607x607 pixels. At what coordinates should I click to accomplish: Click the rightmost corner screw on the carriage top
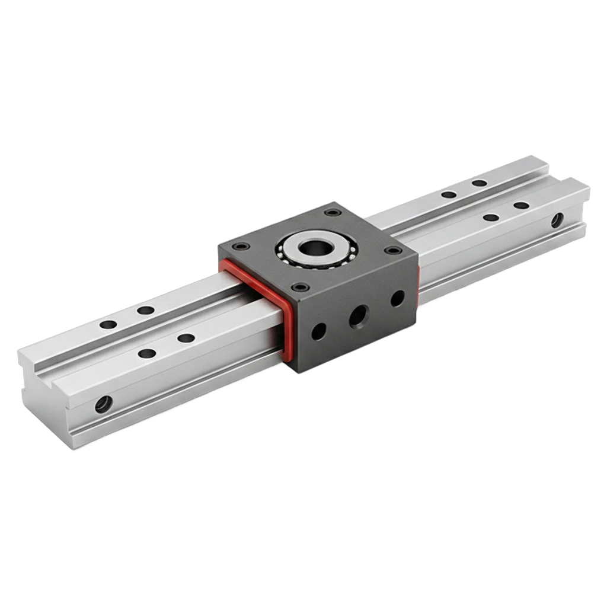click(389, 250)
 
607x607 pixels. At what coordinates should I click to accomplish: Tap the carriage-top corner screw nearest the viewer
click(301, 287)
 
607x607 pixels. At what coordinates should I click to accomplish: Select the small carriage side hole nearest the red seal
click(318, 331)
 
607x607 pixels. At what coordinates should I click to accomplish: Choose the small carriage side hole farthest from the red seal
click(397, 298)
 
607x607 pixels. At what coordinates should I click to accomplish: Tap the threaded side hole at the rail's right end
click(557, 221)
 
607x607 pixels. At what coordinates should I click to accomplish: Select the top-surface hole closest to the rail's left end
click(108, 325)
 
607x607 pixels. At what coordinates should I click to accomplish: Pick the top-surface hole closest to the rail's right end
click(522, 206)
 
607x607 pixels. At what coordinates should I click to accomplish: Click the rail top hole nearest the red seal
click(186, 338)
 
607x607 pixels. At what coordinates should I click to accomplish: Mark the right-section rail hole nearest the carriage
click(449, 194)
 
